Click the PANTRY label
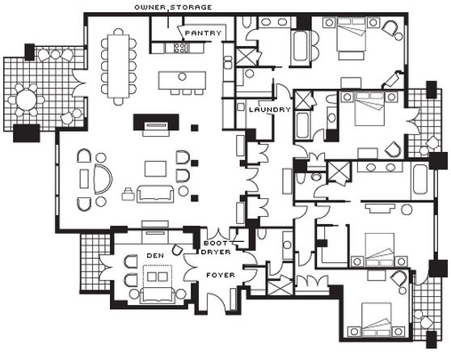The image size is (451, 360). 203,33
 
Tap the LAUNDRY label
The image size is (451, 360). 270,109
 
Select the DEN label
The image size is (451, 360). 155,256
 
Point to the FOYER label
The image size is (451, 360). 221,275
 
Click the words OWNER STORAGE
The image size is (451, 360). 173,7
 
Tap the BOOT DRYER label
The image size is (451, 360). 217,248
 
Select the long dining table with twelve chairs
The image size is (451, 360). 118,66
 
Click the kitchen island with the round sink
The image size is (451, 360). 182,80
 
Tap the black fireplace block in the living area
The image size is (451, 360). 156,122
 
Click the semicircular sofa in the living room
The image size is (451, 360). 103,179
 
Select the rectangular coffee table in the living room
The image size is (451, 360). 155,169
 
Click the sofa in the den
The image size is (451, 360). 157,295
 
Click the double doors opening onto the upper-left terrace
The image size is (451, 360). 79,84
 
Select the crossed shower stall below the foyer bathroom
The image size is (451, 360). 280,287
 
